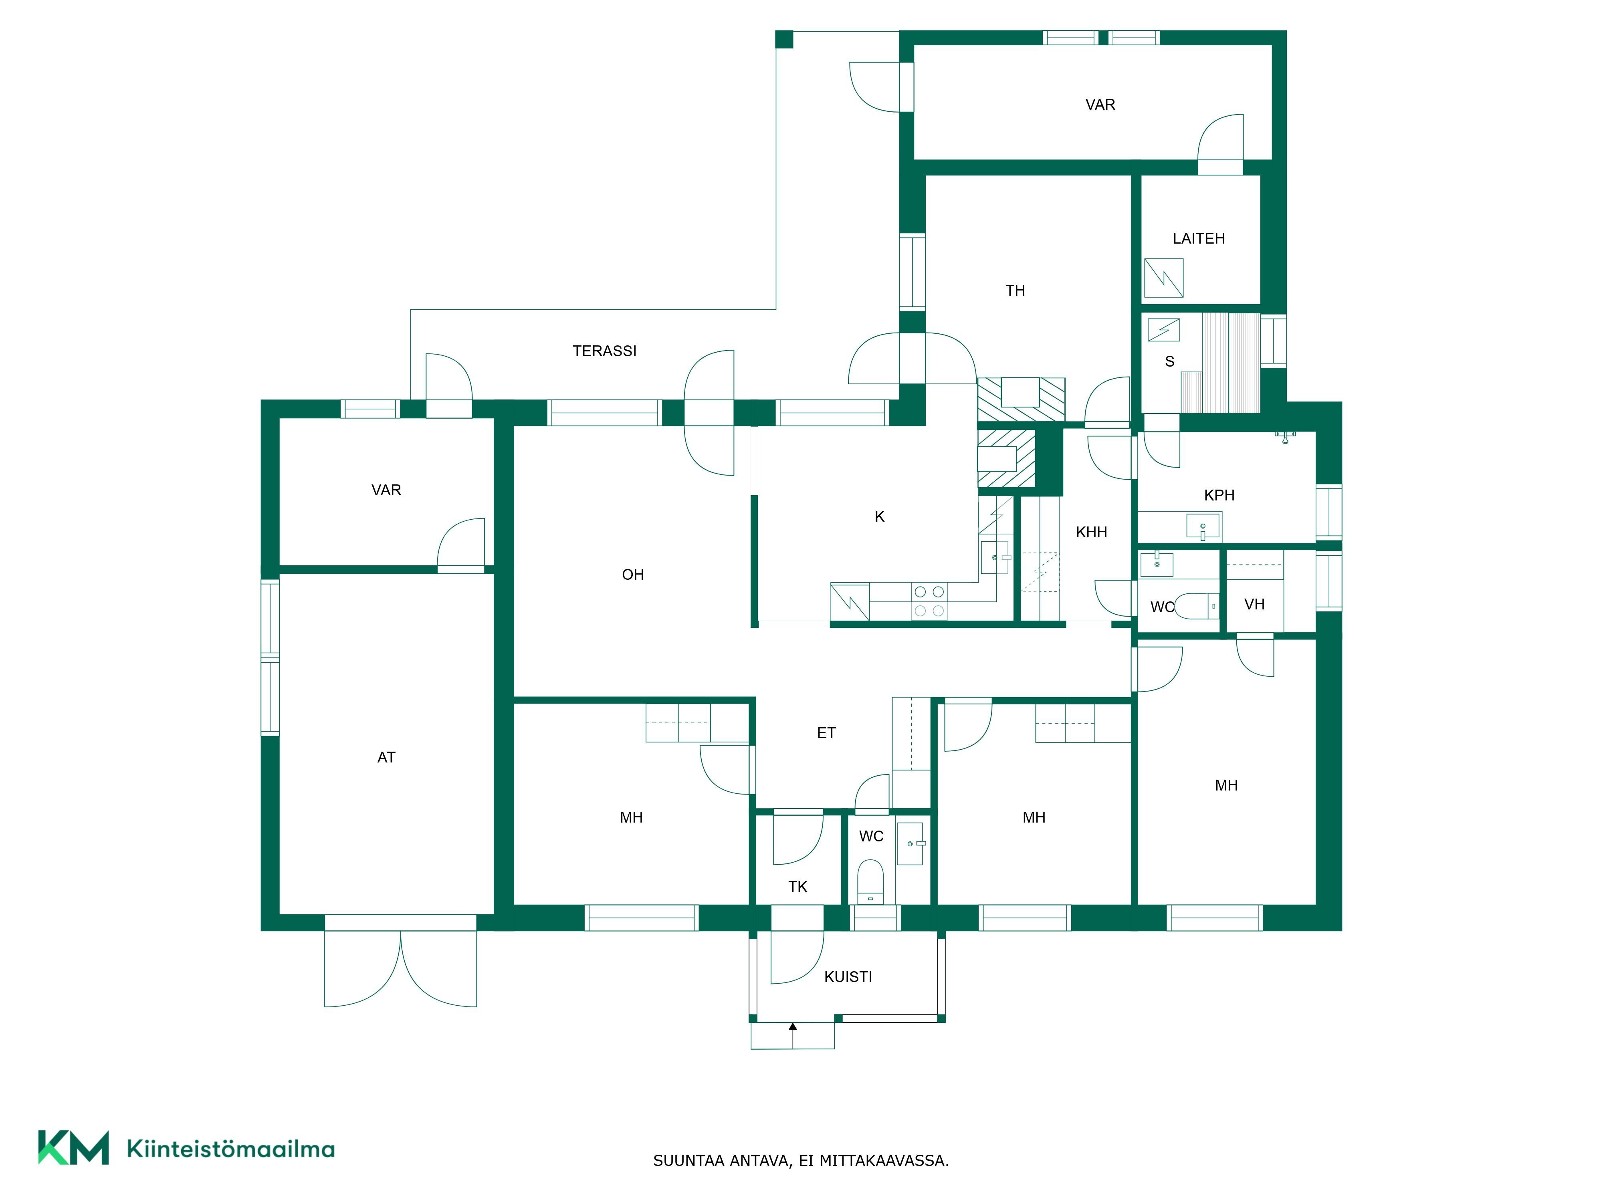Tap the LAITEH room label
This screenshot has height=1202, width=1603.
click(1199, 238)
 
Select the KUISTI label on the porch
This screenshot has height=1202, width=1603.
click(848, 977)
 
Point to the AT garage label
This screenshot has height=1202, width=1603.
click(386, 757)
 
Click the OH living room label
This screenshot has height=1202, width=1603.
click(633, 575)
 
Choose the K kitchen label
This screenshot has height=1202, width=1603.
click(880, 516)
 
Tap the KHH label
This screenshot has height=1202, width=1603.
click(1091, 532)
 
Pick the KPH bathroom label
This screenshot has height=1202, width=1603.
click(1219, 496)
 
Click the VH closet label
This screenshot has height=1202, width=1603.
click(1254, 604)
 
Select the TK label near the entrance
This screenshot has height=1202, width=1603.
click(797, 887)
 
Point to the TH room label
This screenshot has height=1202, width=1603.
click(1015, 290)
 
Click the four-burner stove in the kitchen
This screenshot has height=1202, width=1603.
click(929, 601)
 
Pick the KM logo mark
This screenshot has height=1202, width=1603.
click(73, 1147)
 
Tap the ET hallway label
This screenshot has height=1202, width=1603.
click(826, 733)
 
